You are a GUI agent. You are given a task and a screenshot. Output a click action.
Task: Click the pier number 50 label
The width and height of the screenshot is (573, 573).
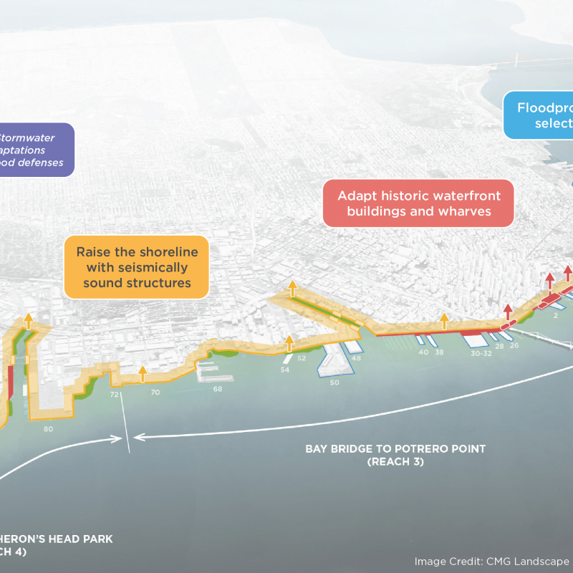click(334, 382)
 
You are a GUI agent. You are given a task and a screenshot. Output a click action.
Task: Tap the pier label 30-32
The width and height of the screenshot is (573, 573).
click(481, 353)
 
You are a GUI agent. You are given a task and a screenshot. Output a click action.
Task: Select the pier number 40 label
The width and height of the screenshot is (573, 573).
click(423, 352)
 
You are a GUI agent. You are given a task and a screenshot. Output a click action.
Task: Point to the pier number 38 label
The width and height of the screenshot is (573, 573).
click(439, 352)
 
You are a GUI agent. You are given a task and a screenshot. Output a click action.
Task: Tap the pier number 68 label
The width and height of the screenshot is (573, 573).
click(218, 389)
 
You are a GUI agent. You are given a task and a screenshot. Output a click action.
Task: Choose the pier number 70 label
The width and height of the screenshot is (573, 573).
click(155, 393)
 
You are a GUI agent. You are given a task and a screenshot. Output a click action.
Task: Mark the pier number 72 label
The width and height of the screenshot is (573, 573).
click(114, 395)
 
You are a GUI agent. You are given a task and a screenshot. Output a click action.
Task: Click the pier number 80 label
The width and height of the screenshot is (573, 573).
click(48, 429)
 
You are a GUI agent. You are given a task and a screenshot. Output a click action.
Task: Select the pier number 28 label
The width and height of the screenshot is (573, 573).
click(499, 346)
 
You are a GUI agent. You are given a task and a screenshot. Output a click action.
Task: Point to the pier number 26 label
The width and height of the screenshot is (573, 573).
click(514, 345)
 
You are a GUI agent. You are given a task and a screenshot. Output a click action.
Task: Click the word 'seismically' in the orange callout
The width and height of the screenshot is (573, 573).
click(137, 268)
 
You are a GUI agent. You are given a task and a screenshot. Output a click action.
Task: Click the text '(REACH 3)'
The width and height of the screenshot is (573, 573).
click(395, 462)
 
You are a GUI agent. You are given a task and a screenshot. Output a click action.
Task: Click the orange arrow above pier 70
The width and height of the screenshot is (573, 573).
click(143, 372)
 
